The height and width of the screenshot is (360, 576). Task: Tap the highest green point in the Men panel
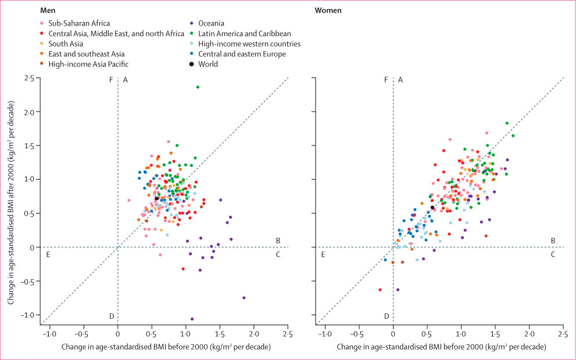click(198, 87)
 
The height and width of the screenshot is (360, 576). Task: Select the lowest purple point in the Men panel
click(192, 319)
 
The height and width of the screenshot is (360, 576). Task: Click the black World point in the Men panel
click(156, 199)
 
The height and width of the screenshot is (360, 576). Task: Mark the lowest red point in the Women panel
click(380, 290)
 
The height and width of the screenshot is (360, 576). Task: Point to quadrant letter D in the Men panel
click(111, 316)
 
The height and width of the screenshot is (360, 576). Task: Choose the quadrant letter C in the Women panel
click(552, 254)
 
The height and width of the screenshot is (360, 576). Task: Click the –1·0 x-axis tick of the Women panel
click(323, 334)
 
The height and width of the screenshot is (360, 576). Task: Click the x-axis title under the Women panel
click(441, 347)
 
